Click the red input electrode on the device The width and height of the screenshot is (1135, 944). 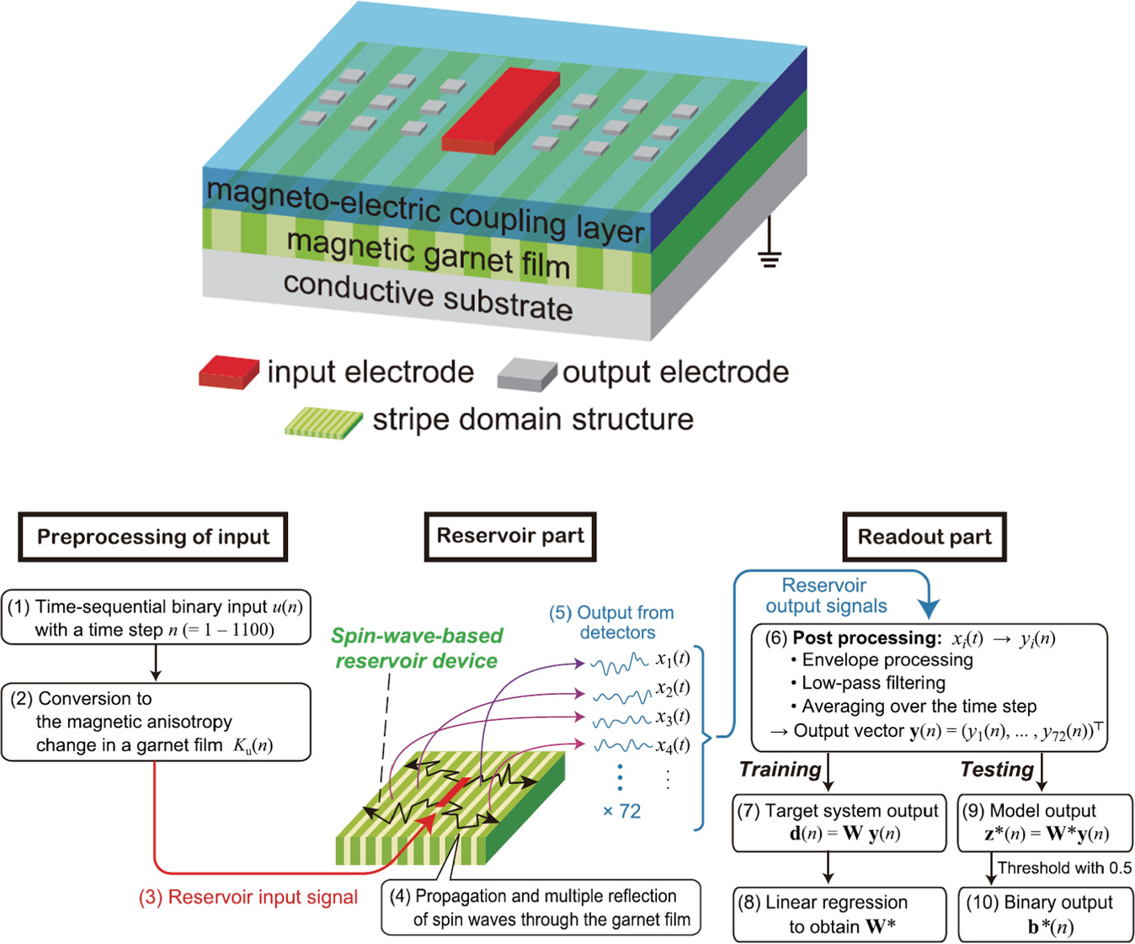pos(501,109)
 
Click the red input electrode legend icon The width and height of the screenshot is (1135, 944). pos(228,372)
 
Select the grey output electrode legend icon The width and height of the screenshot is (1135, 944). pos(526,374)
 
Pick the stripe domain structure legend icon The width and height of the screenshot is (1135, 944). pos(323,421)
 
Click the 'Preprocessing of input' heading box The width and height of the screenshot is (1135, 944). pos(152,537)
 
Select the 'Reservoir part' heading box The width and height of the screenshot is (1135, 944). pos(509,536)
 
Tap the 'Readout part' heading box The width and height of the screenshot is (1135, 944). pos(924,537)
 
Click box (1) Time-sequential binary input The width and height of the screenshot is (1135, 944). pos(156,618)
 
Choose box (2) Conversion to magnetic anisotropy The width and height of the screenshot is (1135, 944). pos(156,722)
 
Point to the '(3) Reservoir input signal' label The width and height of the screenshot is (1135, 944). pos(248,898)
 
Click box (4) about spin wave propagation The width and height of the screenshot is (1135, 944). pos(541,908)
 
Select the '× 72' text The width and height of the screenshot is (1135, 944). pos(621,812)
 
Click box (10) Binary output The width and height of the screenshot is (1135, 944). pos(1045,915)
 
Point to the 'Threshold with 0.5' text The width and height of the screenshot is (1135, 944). pos(1064,868)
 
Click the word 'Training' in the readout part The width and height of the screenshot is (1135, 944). pos(780,770)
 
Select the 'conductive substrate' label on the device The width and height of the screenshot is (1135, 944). pos(428,297)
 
